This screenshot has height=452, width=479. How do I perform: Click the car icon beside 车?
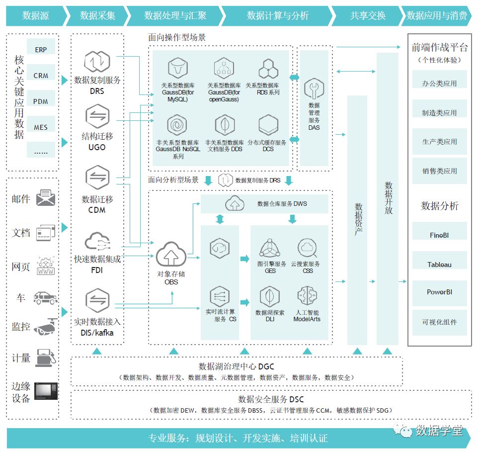click(45, 297)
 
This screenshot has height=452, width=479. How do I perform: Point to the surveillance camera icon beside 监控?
click(45, 327)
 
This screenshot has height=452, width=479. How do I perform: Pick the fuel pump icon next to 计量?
click(45, 357)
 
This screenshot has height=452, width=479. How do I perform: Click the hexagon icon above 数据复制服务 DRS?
click(96, 62)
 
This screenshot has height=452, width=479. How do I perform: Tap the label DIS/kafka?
click(97, 333)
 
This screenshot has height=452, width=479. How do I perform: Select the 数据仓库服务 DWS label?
click(282, 203)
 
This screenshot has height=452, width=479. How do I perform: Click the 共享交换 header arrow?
click(367, 16)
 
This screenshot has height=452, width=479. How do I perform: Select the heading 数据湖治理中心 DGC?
click(237, 366)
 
